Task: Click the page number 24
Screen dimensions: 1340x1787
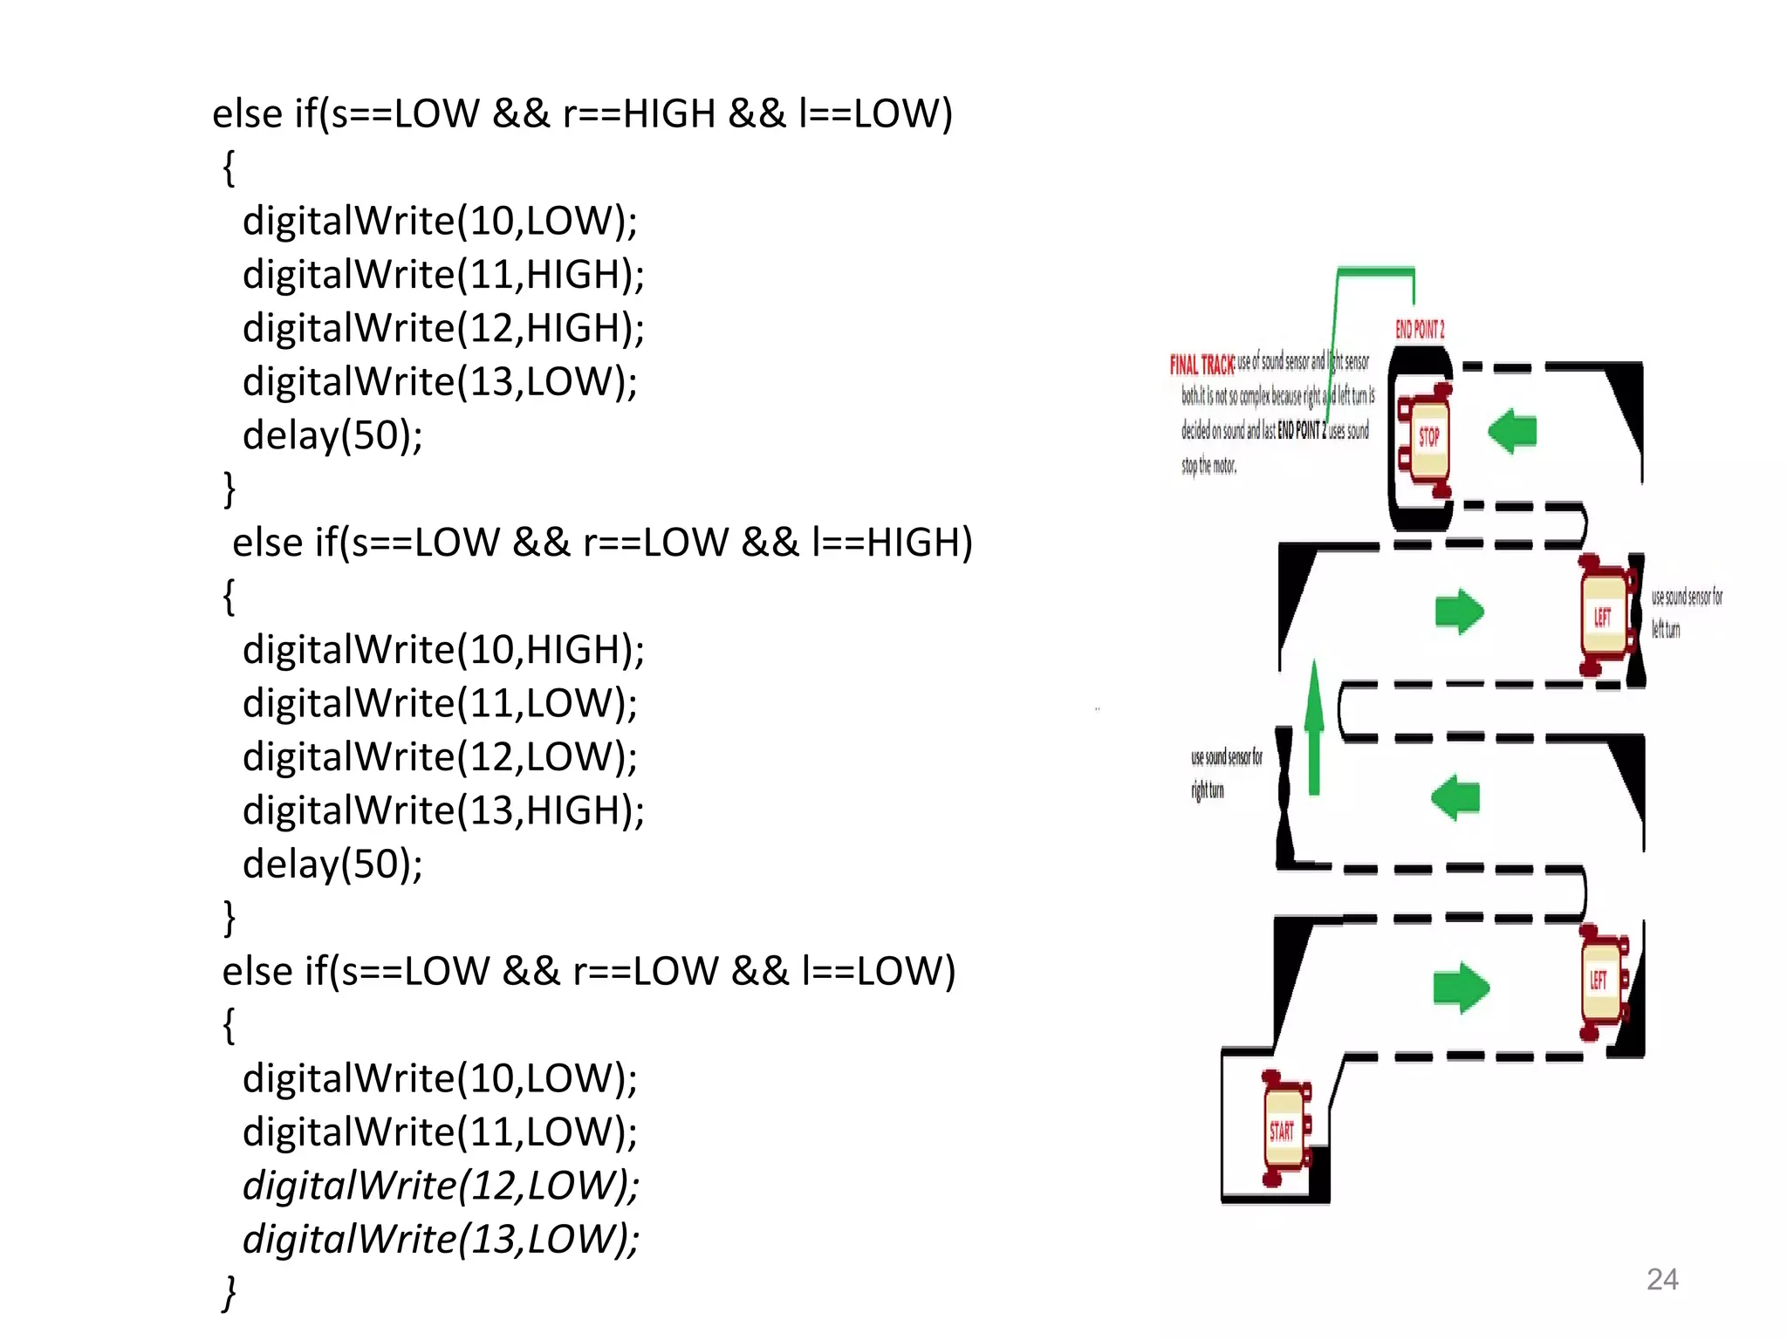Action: [1661, 1279]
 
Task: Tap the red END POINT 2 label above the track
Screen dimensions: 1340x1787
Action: [1420, 330]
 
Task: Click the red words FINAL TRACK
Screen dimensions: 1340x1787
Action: [1202, 364]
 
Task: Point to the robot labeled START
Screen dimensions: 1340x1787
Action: [1284, 1130]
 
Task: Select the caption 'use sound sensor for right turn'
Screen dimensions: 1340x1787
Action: [1225, 773]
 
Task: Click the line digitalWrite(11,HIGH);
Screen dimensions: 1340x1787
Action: [443, 275]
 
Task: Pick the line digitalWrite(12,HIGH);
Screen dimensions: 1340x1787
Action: [443, 329]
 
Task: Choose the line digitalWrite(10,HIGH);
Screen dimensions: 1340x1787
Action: [443, 650]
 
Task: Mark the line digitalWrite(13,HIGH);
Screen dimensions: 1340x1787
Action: [443, 810]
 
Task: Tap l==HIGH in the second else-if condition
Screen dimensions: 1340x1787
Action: [891, 543]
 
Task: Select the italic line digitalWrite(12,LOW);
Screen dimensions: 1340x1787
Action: [441, 1186]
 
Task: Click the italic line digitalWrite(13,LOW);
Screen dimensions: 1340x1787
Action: [441, 1239]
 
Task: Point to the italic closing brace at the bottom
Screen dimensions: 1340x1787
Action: [229, 1293]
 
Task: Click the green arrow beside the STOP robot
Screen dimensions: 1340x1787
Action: [1512, 432]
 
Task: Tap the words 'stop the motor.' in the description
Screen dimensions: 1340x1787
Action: [1208, 466]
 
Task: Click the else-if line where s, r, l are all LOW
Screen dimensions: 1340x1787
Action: [589, 972]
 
